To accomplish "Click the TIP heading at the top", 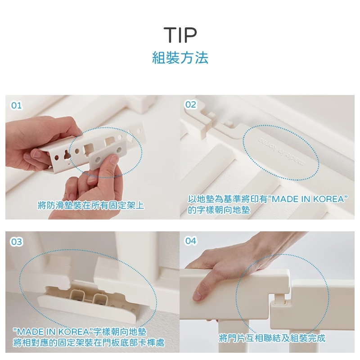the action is point(180,35).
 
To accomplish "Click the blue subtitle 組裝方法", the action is point(180,58).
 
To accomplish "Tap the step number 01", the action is point(17,106).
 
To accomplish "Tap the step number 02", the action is point(191,105).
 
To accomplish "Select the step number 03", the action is point(17,242).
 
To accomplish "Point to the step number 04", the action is point(191,241).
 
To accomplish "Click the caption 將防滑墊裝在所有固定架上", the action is point(91,205).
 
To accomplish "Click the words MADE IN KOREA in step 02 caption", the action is point(308,199).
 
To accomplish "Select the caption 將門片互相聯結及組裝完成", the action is point(272,338).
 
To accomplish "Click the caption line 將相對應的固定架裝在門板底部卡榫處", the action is point(89,343).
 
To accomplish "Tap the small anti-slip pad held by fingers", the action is point(108,154).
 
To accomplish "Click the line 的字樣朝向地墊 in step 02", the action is point(219,210).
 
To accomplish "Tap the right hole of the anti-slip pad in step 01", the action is point(119,150).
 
